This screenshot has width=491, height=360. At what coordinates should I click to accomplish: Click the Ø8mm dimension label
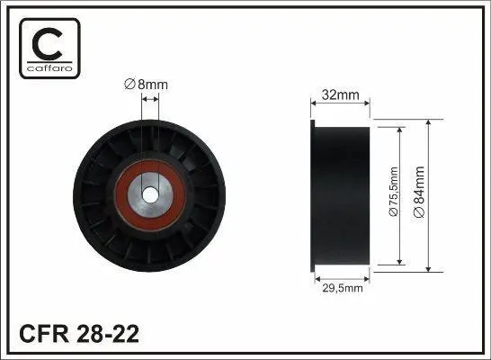tap(146, 85)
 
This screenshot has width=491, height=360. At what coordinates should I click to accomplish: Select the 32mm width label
tap(341, 94)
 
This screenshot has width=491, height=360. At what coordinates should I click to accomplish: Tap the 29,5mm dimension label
tap(343, 288)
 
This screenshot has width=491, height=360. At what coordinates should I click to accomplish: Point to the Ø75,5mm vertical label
tap(393, 192)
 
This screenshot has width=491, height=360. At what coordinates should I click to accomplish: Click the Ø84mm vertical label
tap(419, 192)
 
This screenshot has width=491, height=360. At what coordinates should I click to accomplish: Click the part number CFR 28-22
tap(79, 334)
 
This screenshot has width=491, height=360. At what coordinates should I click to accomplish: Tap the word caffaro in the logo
tap(49, 68)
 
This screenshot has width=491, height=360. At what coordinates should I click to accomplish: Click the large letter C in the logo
tap(48, 44)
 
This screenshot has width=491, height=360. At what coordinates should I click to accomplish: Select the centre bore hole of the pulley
tap(150, 195)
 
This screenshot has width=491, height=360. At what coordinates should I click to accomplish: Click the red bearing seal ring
tap(121, 196)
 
